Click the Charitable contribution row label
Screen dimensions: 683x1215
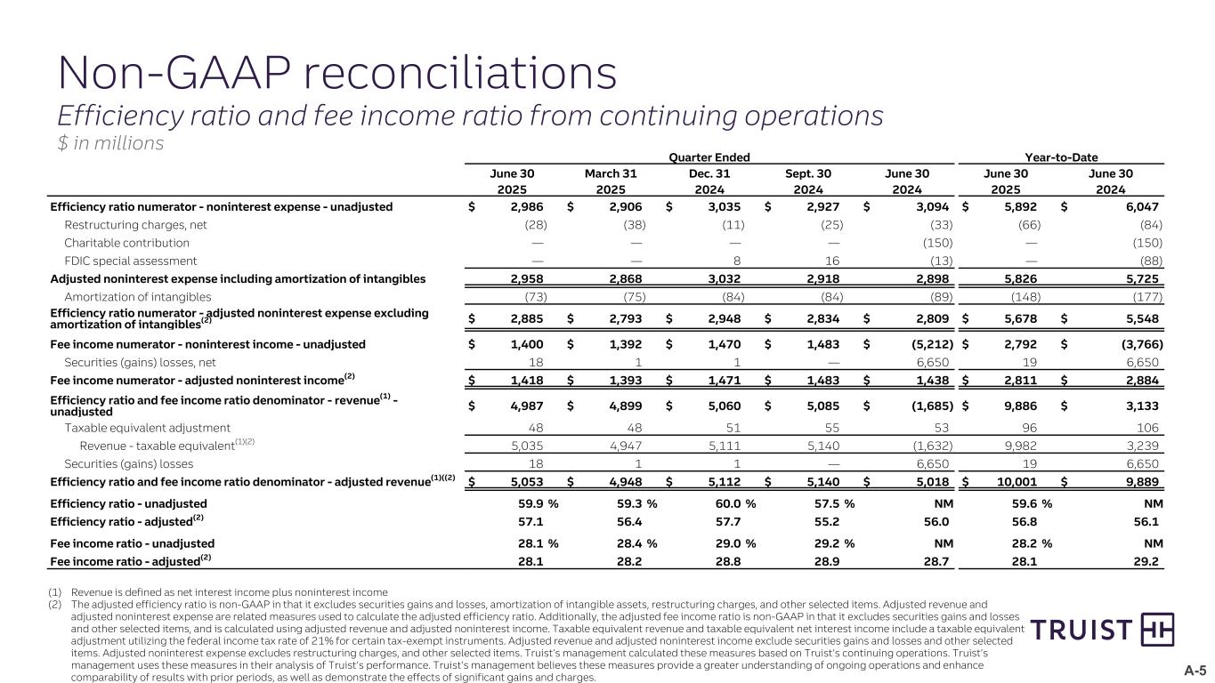126,243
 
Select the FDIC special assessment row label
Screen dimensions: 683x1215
130,261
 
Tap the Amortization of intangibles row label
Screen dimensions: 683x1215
137,296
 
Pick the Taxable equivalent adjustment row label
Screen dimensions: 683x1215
147,428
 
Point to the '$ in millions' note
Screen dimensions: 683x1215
110,143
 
